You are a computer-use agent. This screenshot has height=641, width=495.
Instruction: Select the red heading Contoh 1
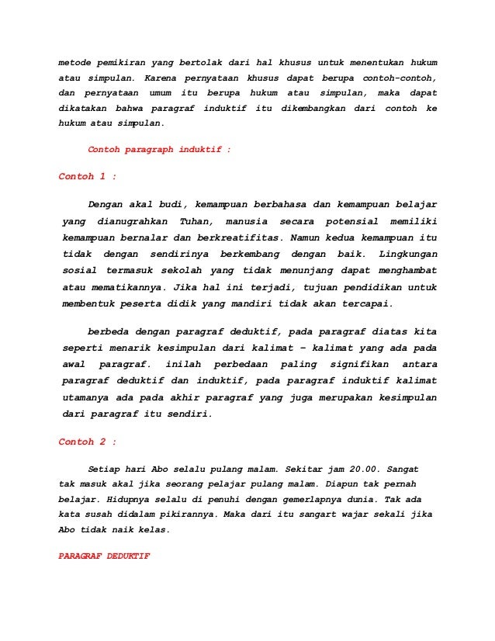pyautogui.click(x=88, y=176)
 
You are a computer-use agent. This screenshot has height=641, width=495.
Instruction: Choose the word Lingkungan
pyautogui.click(x=407, y=254)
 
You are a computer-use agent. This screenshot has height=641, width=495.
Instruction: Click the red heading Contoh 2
pyautogui.click(x=88, y=442)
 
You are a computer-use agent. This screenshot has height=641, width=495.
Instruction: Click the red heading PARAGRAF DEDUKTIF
pyautogui.click(x=104, y=557)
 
